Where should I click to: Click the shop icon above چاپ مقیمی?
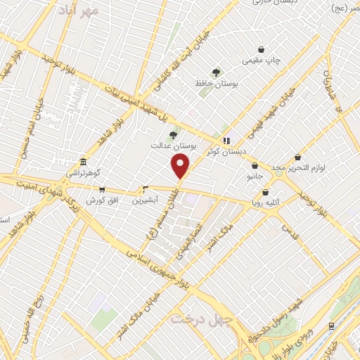[262, 50]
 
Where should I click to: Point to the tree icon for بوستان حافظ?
[216, 72]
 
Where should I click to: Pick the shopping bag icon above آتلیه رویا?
[265, 192]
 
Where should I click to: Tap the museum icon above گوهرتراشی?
[83, 162]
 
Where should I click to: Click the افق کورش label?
[100, 200]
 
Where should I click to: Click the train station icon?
[330, 326]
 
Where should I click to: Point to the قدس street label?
[288, 229]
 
